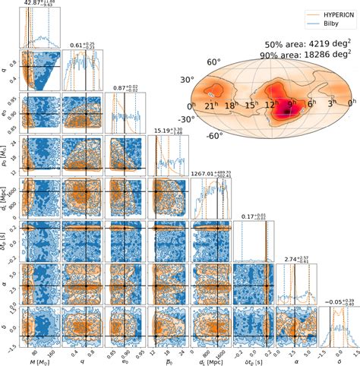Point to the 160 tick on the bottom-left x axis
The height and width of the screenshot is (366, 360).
[51, 351]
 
